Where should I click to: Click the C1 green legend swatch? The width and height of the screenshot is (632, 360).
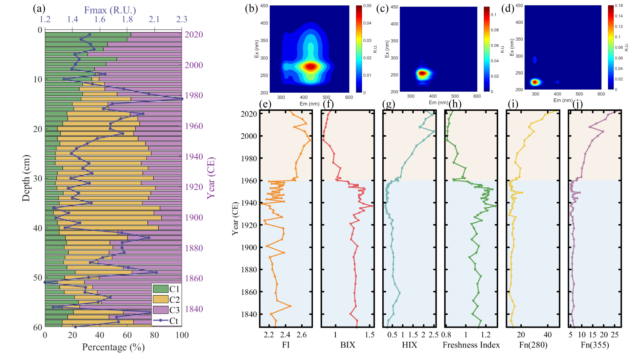pos(160,289)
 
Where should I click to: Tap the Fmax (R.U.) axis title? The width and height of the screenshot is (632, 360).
pos(110,10)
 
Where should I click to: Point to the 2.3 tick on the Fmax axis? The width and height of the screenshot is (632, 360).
pos(182,19)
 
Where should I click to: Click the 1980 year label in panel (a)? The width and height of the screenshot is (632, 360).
pos(194,95)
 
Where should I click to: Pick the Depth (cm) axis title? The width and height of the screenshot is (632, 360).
pos(26,178)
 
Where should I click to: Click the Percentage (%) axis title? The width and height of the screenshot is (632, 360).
pos(113,347)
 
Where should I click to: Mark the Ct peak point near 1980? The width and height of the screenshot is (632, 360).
pos(182,99)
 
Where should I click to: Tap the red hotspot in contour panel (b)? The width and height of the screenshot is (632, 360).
pos(310,67)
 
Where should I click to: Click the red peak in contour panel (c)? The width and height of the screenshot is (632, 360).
pos(422,73)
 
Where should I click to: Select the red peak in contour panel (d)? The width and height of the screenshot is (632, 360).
pos(535,82)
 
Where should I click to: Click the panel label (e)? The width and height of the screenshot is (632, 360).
pos(265,104)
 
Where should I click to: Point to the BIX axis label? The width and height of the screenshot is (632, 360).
pos(348,345)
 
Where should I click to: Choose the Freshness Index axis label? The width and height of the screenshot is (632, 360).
pos(471,345)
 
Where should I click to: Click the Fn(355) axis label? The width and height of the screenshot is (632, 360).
pos(595,345)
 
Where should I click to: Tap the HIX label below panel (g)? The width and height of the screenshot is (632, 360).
pos(409,345)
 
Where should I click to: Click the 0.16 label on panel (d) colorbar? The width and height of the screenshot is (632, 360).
pos(619,5)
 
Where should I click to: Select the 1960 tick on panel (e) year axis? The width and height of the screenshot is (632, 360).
pos(249,181)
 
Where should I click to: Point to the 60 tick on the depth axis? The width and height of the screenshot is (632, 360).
pos(38,327)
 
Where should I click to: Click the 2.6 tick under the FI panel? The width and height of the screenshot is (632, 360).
pos(301,335)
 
